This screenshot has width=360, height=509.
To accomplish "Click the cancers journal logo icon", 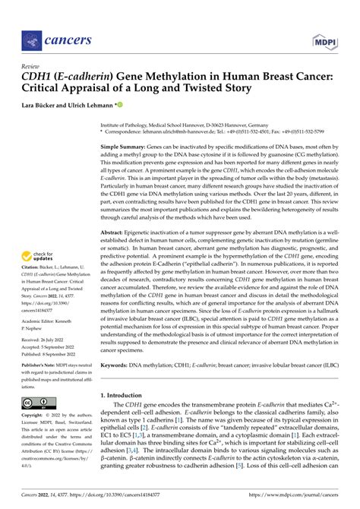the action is tap(30, 37).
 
